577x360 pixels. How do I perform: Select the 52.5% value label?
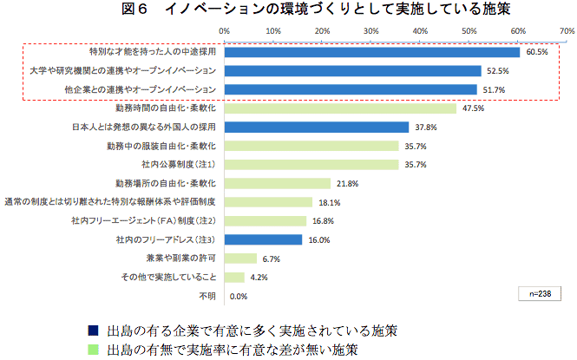click(x=497, y=71)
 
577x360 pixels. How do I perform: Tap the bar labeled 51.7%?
click(x=351, y=89)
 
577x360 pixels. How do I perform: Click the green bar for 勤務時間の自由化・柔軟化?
click(x=340, y=108)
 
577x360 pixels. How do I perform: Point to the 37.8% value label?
click(x=426, y=128)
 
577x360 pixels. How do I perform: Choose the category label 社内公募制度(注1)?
click(x=178, y=164)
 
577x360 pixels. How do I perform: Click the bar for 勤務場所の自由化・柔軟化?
click(x=278, y=183)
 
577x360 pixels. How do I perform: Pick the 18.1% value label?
click(x=330, y=202)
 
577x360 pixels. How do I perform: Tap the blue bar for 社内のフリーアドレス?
click(x=264, y=239)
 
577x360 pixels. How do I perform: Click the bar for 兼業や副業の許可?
click(x=241, y=259)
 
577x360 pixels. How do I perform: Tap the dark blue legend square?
click(x=93, y=331)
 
